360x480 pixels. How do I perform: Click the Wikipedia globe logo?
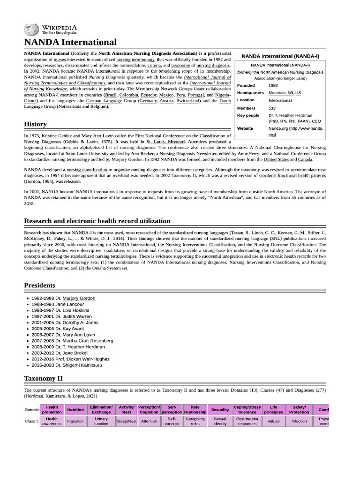click(32, 30)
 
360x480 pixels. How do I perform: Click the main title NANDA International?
click(70, 43)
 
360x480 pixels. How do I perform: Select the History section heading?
click(35, 124)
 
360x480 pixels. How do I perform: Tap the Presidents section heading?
click(39, 285)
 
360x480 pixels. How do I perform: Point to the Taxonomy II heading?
click(43, 378)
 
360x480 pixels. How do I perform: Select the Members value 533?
click(272, 108)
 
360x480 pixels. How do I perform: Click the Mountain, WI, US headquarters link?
click(285, 93)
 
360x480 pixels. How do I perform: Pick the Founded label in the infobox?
click(246, 86)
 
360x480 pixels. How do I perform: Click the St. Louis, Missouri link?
click(165, 141)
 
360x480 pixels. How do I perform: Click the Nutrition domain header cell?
click(75, 410)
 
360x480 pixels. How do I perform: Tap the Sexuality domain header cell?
click(220, 410)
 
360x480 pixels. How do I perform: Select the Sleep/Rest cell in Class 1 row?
click(127, 421)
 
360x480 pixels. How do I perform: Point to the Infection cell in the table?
click(299, 421)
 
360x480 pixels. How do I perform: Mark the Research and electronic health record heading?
click(97, 221)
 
